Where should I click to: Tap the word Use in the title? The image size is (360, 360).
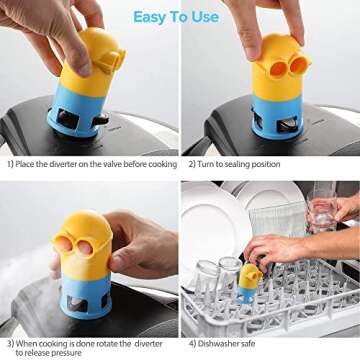pos(205,16)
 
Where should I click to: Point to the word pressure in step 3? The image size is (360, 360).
pos(67,353)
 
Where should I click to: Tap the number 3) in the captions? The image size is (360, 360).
pos(11,344)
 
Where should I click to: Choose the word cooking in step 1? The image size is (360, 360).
pos(163,164)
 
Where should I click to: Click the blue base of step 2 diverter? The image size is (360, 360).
pos(277,117)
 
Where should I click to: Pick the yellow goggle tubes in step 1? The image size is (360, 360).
pos(112,61)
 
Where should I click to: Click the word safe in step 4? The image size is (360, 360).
pos(248,344)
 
